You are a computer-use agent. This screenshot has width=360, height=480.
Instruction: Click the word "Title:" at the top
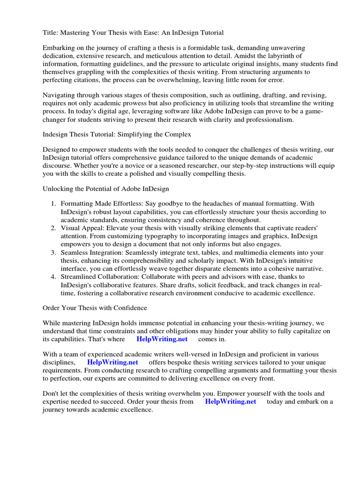click(51, 32)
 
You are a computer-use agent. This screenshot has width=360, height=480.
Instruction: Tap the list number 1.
click(53, 204)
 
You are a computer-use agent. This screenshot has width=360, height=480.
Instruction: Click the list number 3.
click(53, 252)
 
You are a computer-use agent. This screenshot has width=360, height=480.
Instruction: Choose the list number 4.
click(53, 276)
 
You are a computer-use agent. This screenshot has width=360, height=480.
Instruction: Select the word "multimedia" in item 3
click(244, 252)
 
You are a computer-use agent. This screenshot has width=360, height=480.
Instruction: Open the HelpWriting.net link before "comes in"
click(162, 339)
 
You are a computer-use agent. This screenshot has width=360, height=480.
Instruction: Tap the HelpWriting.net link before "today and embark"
click(231, 402)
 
